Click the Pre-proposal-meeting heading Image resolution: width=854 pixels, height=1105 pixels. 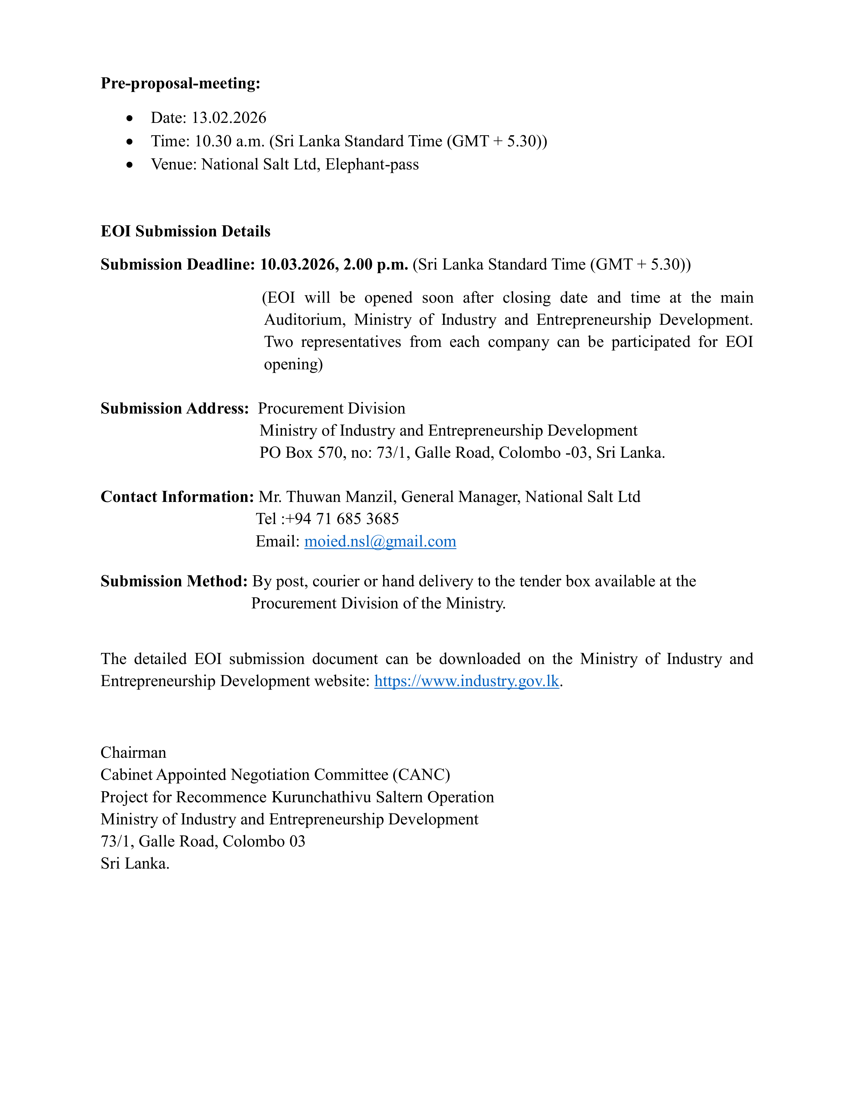tap(180, 83)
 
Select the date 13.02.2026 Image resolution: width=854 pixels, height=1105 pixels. tap(229, 118)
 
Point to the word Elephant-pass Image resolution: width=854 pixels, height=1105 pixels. tap(372, 164)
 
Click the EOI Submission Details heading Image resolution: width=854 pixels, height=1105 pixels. tap(185, 231)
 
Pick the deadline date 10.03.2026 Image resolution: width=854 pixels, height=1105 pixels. tap(298, 265)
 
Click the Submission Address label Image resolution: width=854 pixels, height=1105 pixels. tap(174, 408)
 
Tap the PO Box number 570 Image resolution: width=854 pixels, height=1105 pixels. tap(330, 452)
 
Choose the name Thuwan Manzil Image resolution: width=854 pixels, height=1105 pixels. tap(341, 497)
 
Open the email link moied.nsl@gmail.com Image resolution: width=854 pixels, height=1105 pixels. tap(380, 541)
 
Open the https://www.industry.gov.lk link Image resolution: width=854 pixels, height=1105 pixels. tap(467, 681)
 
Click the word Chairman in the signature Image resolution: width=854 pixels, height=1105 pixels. tap(134, 752)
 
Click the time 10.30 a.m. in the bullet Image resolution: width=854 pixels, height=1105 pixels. tap(230, 141)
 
